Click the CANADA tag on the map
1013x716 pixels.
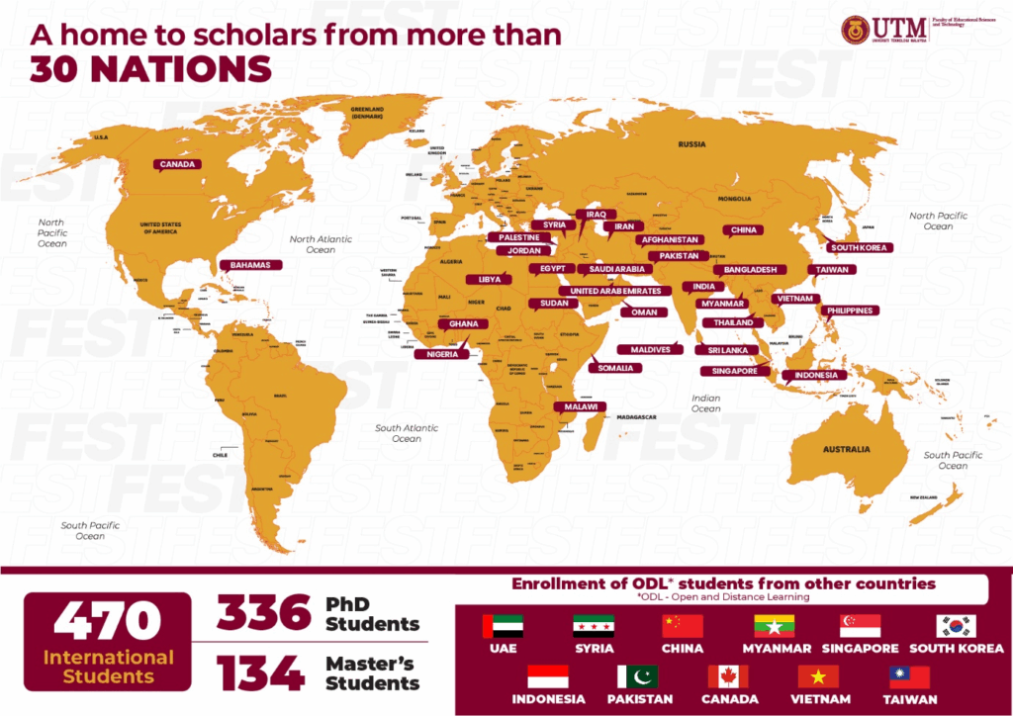pyautogui.click(x=177, y=165)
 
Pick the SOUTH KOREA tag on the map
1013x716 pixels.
pyautogui.click(x=859, y=247)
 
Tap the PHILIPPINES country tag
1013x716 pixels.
pyautogui.click(x=849, y=311)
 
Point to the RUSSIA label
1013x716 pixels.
pyautogui.click(x=691, y=144)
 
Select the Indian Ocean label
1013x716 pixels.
pyautogui.click(x=705, y=403)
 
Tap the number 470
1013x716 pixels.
pyautogui.click(x=107, y=623)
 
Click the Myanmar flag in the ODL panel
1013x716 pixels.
pyautogui.click(x=774, y=626)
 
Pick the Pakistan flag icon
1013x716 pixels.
pyautogui.click(x=637, y=677)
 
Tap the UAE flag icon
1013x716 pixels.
pyautogui.click(x=503, y=626)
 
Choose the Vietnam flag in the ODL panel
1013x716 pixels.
pyautogui.click(x=818, y=677)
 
